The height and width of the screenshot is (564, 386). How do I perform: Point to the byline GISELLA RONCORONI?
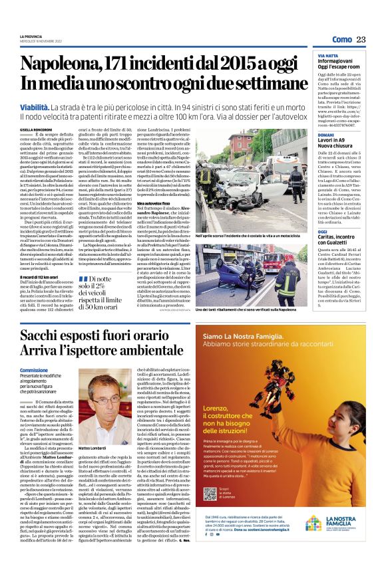point(35,130)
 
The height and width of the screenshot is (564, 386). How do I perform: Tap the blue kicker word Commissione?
point(34,369)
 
